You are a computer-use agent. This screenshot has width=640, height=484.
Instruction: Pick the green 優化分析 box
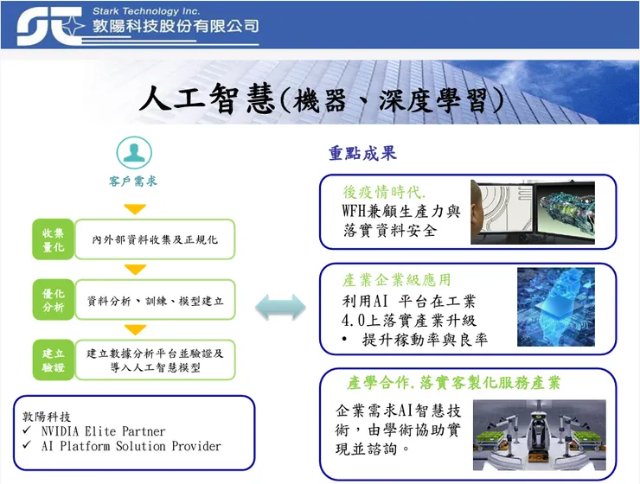pyautogui.click(x=53, y=299)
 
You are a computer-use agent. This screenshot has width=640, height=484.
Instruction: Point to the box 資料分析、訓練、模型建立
pyautogui.click(x=156, y=301)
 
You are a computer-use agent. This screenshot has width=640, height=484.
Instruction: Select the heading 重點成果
pyautogui.click(x=362, y=154)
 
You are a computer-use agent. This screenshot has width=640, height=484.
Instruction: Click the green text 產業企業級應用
pyautogui.click(x=397, y=281)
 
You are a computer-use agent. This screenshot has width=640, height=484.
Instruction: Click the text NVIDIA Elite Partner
pyautogui.click(x=103, y=430)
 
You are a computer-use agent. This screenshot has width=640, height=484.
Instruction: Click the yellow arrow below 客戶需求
pyautogui.click(x=135, y=209)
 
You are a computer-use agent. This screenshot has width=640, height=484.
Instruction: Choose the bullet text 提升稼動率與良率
pyautogui.click(x=425, y=340)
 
